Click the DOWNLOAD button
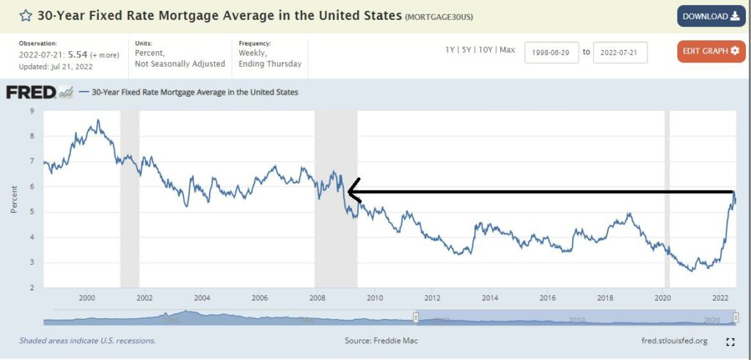click(x=711, y=16)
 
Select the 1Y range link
click(x=450, y=50)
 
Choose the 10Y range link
click(x=486, y=50)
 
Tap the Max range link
click(x=508, y=50)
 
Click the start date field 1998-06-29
click(x=552, y=52)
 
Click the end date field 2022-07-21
click(x=620, y=52)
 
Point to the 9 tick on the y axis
click(x=31, y=111)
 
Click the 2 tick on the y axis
click(x=31, y=287)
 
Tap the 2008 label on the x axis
click(x=317, y=298)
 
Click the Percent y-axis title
click(x=14, y=199)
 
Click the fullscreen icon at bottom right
click(x=730, y=342)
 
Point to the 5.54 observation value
click(x=78, y=54)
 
